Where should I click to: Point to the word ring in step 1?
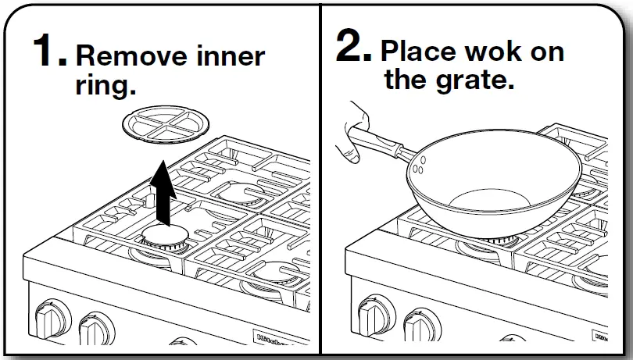[x=99, y=86]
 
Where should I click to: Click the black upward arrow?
[x=162, y=188]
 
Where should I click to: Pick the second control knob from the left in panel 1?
[x=96, y=328]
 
